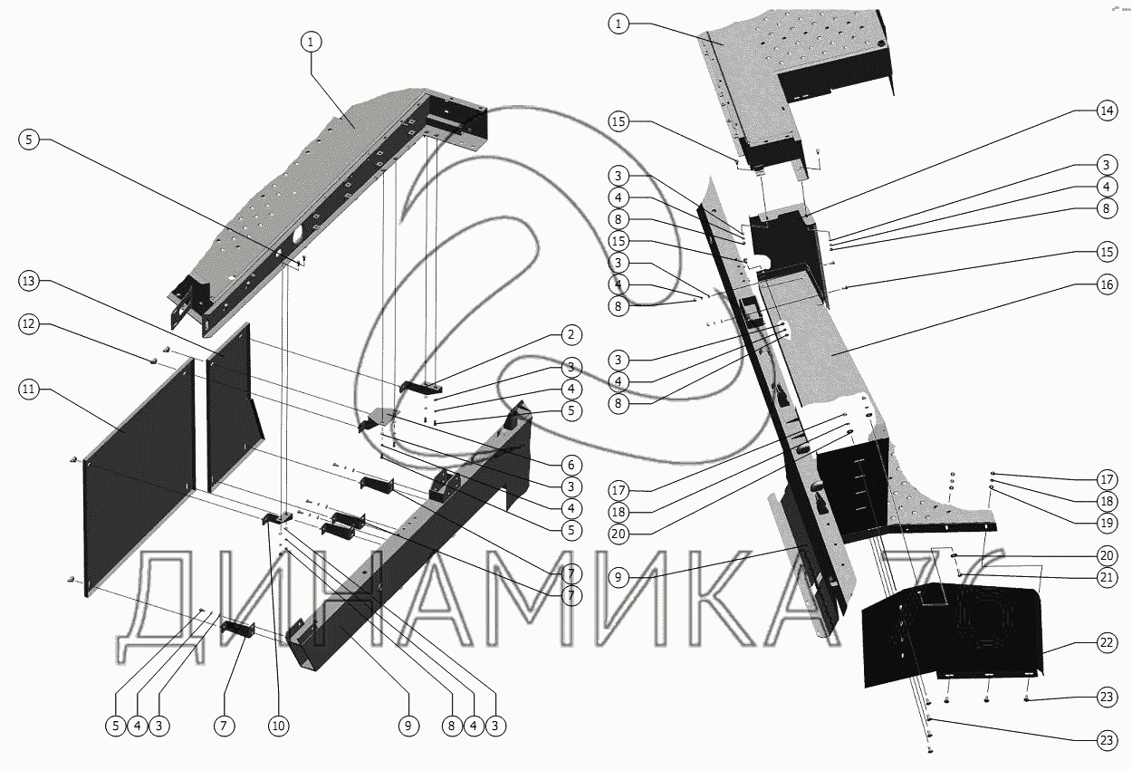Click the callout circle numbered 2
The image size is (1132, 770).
pos(570,335)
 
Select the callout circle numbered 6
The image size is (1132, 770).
pos(570,461)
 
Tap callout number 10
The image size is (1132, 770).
pos(279,725)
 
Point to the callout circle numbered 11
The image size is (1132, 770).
pos(29,390)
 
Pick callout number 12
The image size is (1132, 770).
pos(29,323)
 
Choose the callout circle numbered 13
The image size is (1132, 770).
pos(29,282)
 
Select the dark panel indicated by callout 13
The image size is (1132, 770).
pos(231,408)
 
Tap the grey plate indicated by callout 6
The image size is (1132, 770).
pos(380,418)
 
